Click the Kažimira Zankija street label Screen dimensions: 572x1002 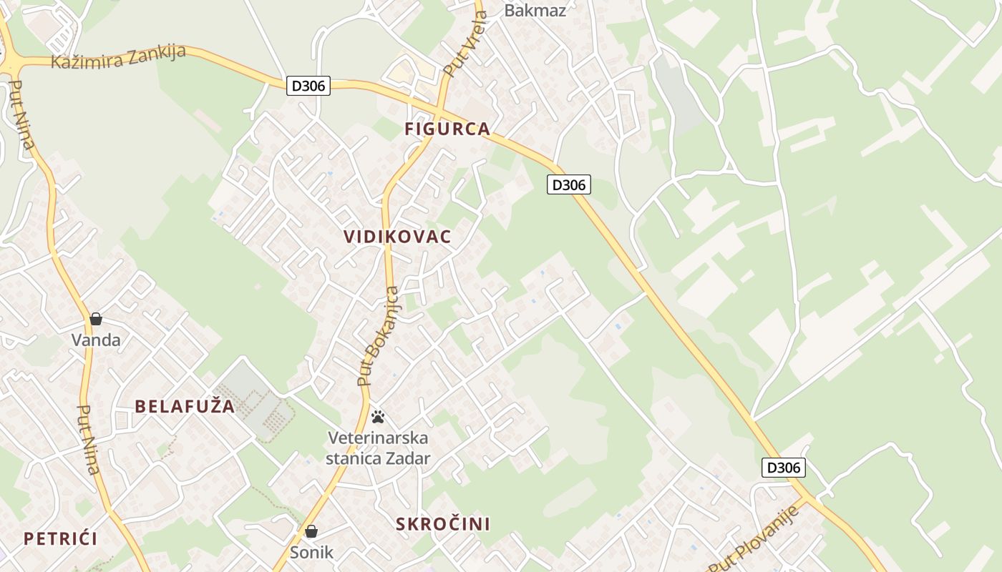click(118, 56)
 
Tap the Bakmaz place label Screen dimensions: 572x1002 click(535, 10)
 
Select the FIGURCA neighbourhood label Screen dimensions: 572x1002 click(447, 129)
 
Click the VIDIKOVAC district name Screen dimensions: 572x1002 click(397, 237)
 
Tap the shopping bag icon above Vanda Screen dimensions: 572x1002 click(96, 319)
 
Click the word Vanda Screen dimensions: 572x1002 click(96, 340)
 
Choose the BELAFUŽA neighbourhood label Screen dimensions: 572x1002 click(185, 407)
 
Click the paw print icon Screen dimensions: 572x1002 click(378, 417)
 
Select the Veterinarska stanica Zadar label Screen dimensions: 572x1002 click(378, 448)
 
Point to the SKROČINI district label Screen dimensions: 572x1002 click(443, 524)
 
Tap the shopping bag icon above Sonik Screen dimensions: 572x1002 click(311, 531)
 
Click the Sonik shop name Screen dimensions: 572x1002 click(311, 552)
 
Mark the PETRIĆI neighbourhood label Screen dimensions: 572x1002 click(60, 539)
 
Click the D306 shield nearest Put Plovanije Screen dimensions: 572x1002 click(782, 468)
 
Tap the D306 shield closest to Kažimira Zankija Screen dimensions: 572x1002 click(308, 86)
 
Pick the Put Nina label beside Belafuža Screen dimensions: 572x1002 click(87, 440)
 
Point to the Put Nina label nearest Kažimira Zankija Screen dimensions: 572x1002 click(22, 114)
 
